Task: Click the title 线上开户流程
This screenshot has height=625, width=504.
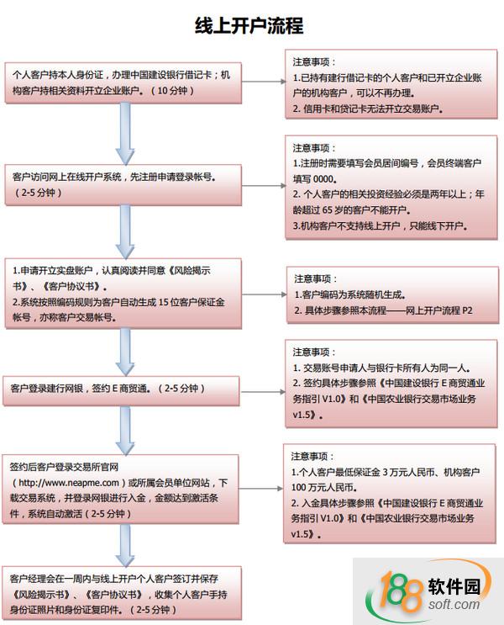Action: coord(249,25)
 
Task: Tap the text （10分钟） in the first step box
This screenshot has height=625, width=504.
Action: coord(172,91)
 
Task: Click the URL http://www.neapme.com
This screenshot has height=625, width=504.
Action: coord(69,483)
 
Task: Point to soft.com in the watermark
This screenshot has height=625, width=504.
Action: coord(454,604)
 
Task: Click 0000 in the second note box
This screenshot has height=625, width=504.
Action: coord(323,179)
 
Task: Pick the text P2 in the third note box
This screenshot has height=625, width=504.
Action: coord(467,310)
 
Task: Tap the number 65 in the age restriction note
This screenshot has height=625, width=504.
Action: coord(328,210)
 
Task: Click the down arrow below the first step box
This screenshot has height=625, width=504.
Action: coord(125,134)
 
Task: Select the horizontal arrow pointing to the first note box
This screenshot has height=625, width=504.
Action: coord(264,82)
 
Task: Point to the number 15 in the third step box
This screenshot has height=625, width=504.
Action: coord(164,302)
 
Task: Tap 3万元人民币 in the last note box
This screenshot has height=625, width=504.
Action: coord(409,473)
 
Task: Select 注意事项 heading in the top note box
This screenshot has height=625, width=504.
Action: coord(312,61)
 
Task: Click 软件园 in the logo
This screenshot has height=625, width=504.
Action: coord(454,586)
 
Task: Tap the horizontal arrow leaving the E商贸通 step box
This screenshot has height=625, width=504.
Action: coord(263,392)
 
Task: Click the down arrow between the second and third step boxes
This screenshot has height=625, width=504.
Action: coord(125,232)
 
